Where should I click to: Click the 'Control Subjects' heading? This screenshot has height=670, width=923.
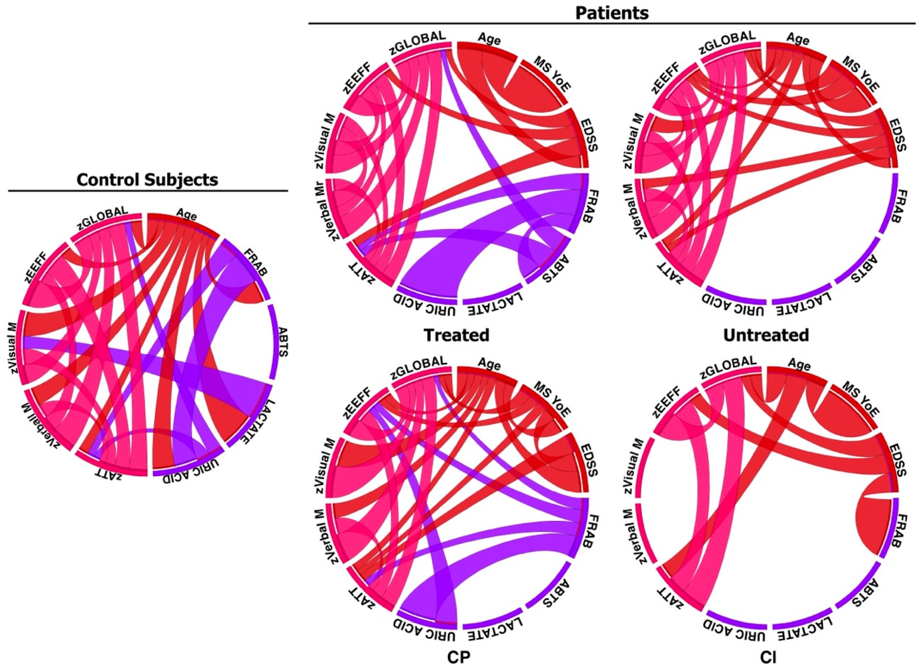point(147,179)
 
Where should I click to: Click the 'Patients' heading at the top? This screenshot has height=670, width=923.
point(612,13)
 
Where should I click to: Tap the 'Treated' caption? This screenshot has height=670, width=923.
point(456,335)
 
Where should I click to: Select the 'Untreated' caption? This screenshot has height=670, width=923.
point(766,335)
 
